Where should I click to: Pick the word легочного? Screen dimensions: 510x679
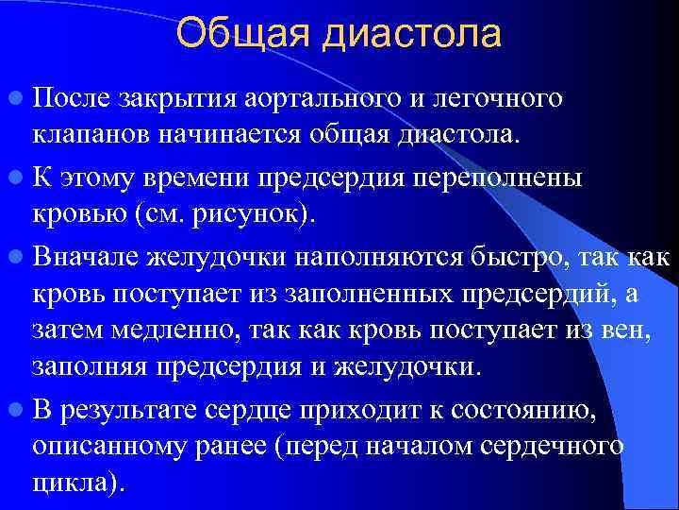tap(505, 99)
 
